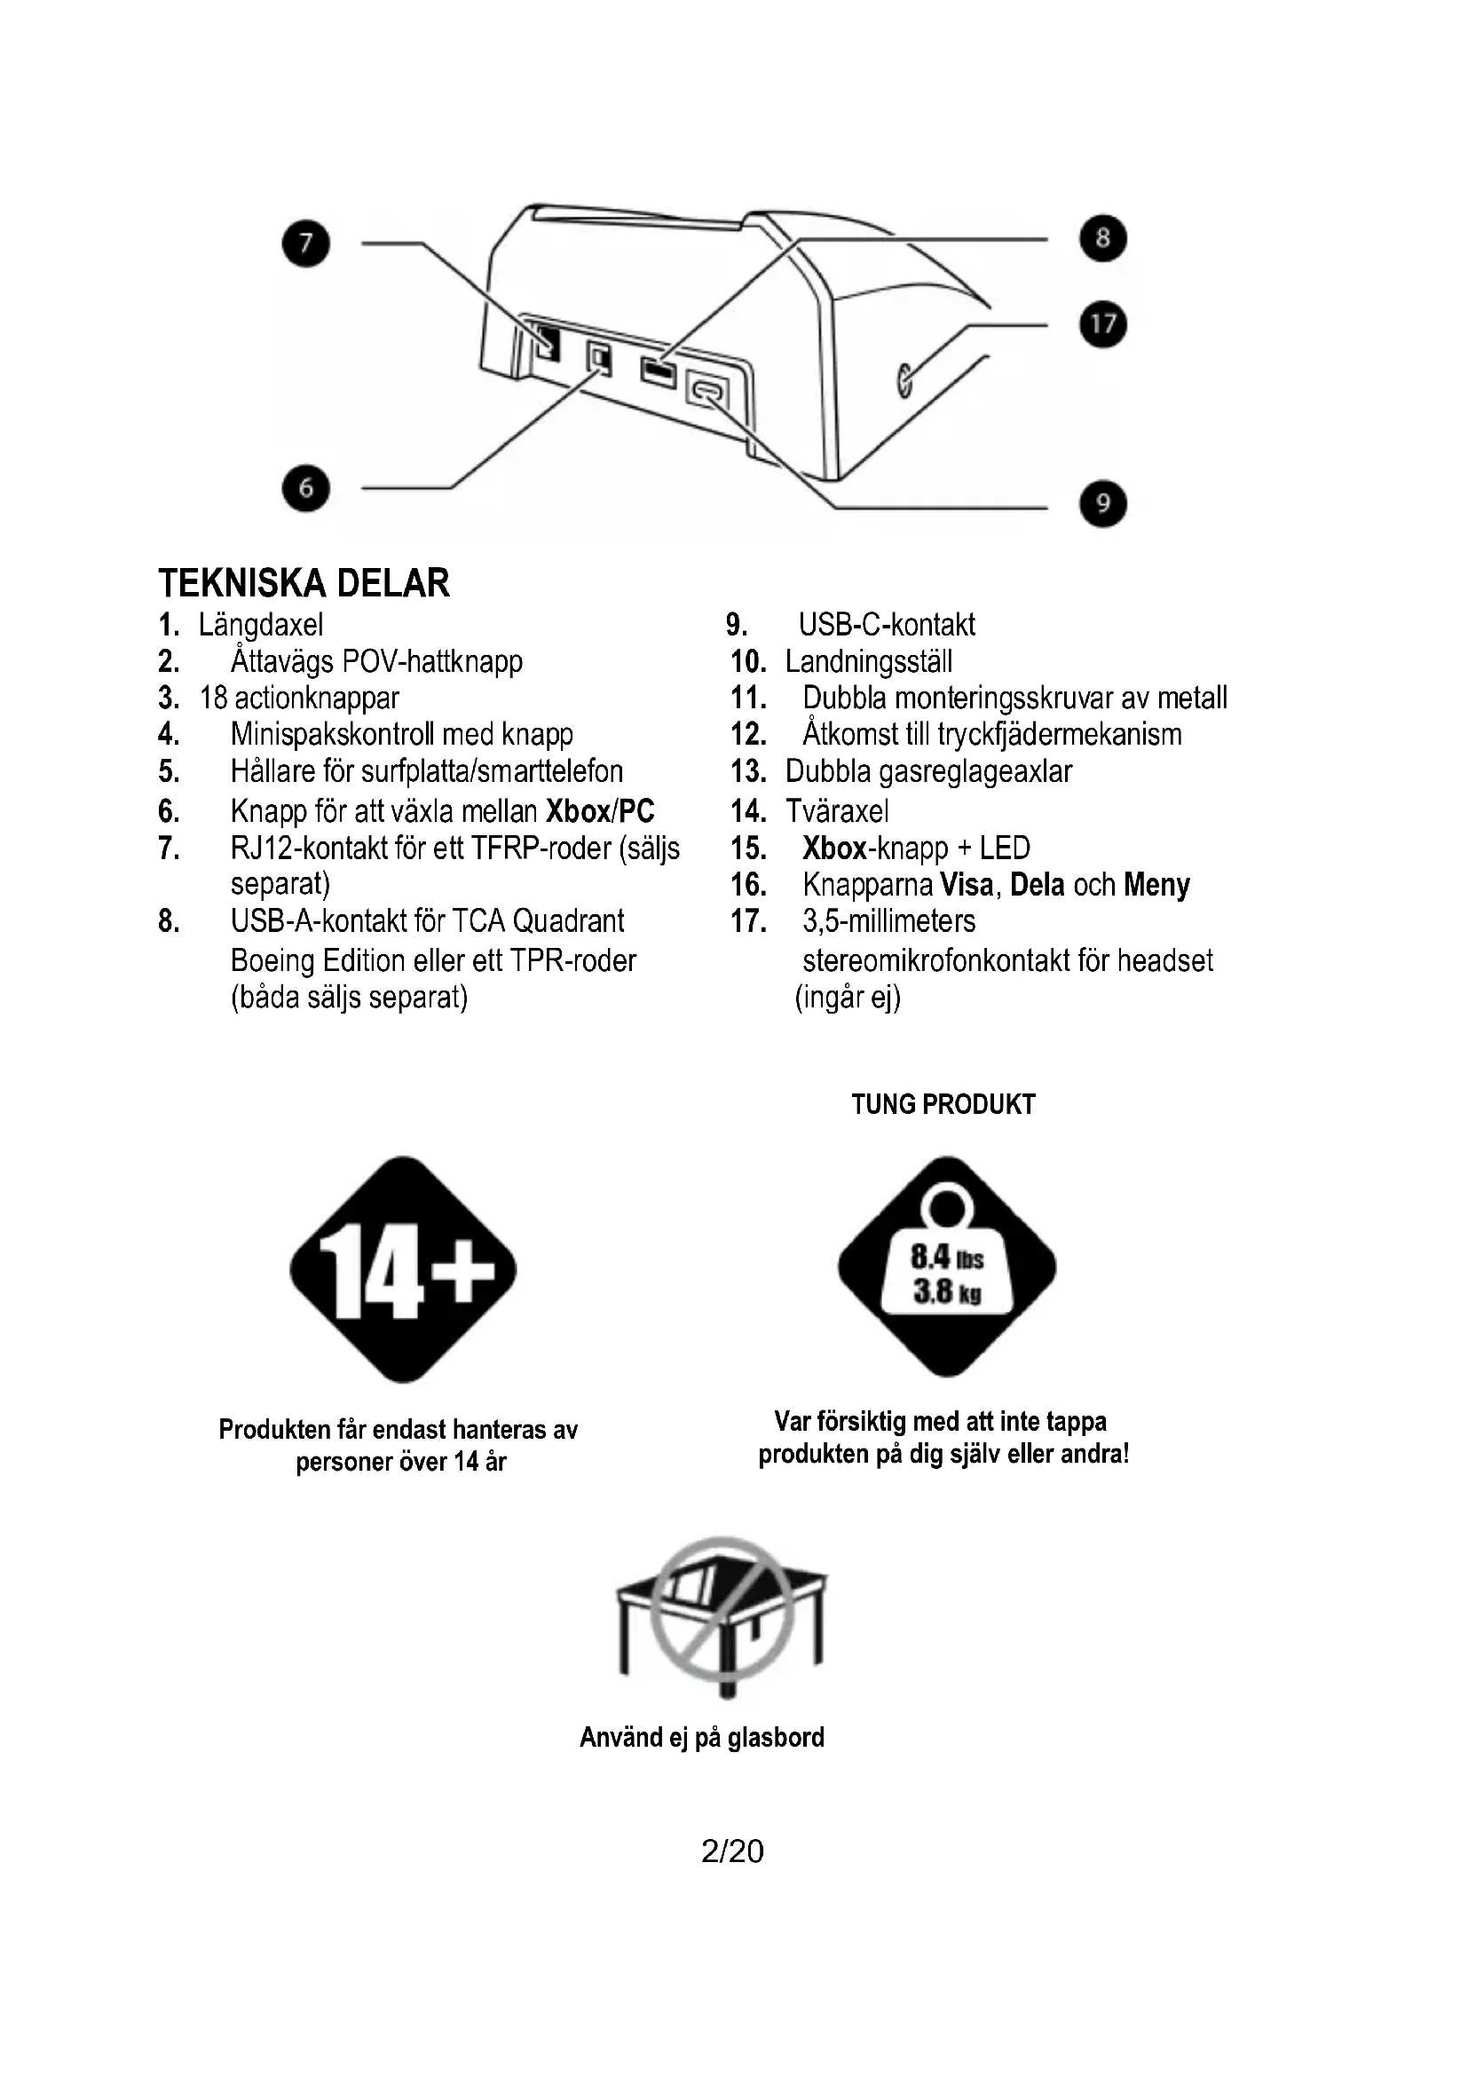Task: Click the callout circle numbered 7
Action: tap(305, 243)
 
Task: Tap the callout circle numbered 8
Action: tap(1103, 238)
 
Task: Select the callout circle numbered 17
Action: tap(1103, 324)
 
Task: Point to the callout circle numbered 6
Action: tap(305, 488)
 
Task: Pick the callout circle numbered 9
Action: tap(1103, 502)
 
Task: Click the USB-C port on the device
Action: tap(707, 391)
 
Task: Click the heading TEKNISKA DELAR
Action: tap(304, 583)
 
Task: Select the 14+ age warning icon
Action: tap(403, 1269)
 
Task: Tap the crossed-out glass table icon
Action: tap(722, 1619)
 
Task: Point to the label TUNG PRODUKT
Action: tap(943, 1104)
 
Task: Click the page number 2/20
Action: tap(732, 1851)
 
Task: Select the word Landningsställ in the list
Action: tap(869, 662)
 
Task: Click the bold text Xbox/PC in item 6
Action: tap(600, 811)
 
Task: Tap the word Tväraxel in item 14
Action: tap(837, 811)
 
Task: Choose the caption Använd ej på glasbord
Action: tap(702, 1737)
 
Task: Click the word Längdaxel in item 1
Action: tap(260, 625)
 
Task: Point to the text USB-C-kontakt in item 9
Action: tap(886, 625)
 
